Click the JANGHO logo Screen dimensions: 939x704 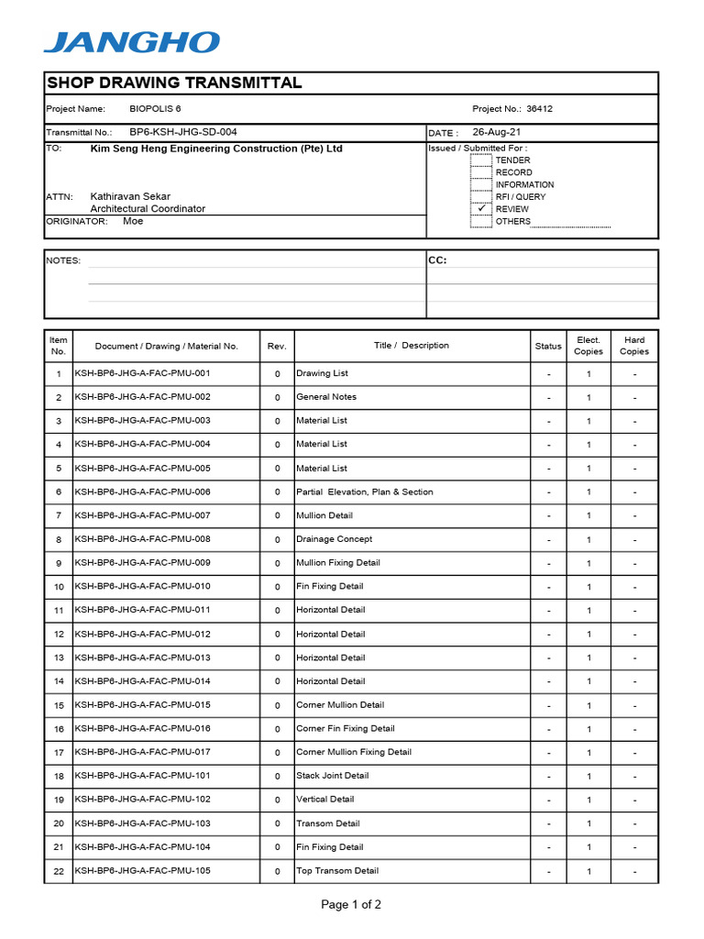(x=132, y=42)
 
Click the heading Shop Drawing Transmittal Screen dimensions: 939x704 (x=174, y=83)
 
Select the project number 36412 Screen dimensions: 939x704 (x=539, y=108)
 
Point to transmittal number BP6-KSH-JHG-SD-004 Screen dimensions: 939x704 (x=182, y=132)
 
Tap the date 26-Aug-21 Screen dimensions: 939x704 (x=497, y=132)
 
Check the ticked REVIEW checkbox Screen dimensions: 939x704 (x=481, y=208)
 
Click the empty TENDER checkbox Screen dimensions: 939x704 (x=481, y=160)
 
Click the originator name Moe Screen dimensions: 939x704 (x=133, y=221)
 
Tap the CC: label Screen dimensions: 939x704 (x=437, y=260)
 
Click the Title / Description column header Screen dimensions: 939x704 (x=412, y=346)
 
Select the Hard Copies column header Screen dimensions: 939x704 (x=633, y=346)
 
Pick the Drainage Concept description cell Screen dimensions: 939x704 (x=334, y=539)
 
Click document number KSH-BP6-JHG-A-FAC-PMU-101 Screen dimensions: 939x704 (x=142, y=776)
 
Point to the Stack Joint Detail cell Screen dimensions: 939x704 (x=332, y=776)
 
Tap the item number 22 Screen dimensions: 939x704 (x=59, y=871)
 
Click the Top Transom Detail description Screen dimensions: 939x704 (x=336, y=870)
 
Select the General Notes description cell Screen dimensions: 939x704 (x=326, y=397)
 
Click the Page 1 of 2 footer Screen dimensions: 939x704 (x=351, y=905)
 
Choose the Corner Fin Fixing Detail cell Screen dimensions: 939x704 (x=345, y=728)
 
